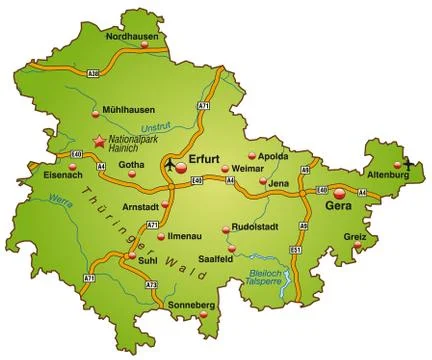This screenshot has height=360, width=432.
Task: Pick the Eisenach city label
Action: (36, 174)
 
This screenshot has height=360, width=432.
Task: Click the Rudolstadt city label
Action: (254, 225)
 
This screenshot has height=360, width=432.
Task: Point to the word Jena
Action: (280, 184)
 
